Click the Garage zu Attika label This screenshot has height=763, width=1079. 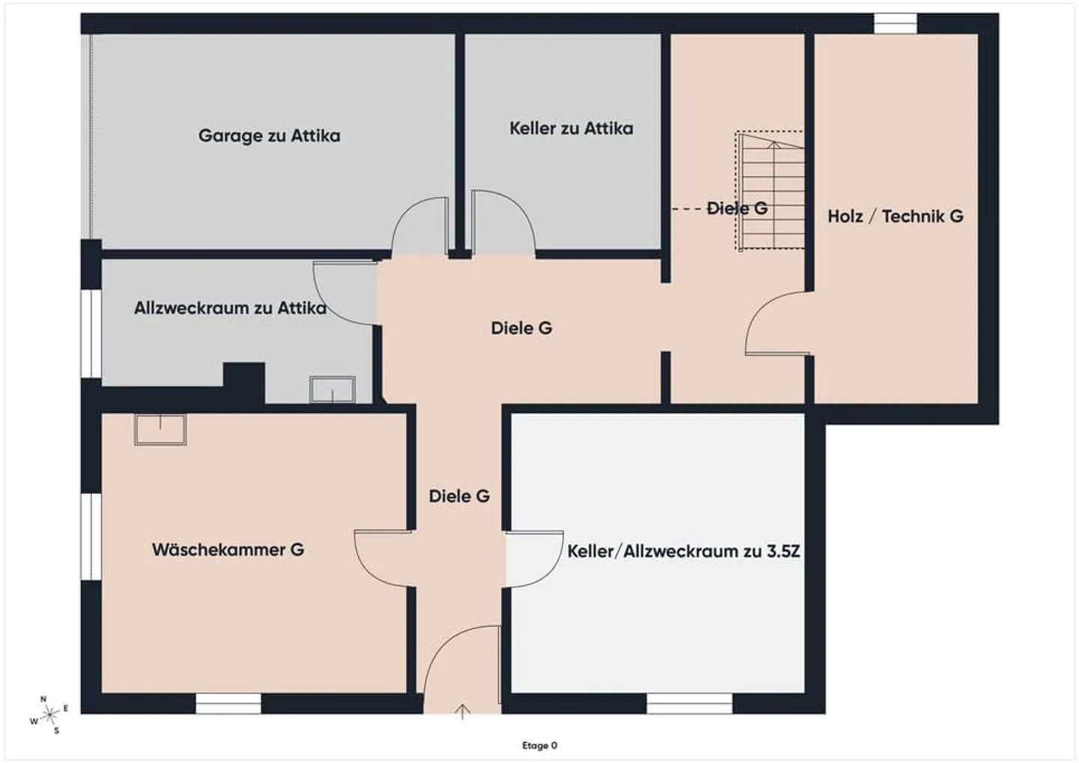(269, 136)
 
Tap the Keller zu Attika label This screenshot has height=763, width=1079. (571, 128)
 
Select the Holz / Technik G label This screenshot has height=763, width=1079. (895, 216)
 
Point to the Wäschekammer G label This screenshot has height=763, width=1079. (228, 549)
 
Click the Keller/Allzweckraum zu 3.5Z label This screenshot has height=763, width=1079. (683, 551)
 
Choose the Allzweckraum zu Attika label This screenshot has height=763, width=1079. (230, 307)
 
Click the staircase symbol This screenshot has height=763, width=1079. (772, 191)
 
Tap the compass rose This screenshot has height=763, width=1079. (50, 714)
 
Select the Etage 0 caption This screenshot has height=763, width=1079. (539, 745)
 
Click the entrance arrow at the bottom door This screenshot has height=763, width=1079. (463, 711)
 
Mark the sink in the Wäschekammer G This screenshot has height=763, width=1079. (160, 429)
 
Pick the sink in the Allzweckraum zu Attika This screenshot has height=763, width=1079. (333, 389)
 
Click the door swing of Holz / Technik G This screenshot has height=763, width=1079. (772, 326)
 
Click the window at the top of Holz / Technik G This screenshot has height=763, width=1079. (895, 23)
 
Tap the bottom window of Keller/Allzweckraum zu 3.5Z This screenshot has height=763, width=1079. (689, 703)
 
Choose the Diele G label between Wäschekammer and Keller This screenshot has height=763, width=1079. (459, 495)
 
